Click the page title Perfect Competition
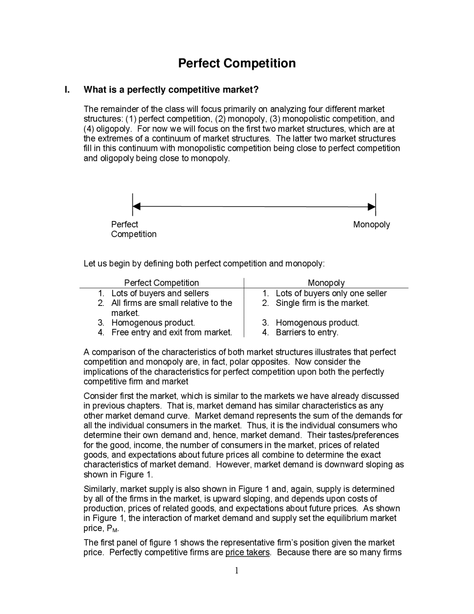[x=237, y=63]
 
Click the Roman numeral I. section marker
[x=67, y=90]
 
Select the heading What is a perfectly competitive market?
[x=171, y=90]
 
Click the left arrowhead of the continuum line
[x=136, y=206]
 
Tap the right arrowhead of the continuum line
[x=371, y=207]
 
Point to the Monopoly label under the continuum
[x=371, y=224]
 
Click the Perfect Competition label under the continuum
[x=133, y=229]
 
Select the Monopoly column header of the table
[x=326, y=283]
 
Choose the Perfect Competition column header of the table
[x=161, y=283]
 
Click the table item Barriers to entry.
[x=307, y=332]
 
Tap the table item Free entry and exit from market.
[x=171, y=332]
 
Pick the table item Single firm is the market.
[x=322, y=303]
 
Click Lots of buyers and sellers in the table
[x=160, y=293]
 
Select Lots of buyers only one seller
[x=331, y=293]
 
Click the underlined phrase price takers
[x=247, y=552]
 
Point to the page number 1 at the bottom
[x=237, y=570]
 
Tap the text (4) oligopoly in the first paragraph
[x=107, y=129]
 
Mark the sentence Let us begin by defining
[x=204, y=264]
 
